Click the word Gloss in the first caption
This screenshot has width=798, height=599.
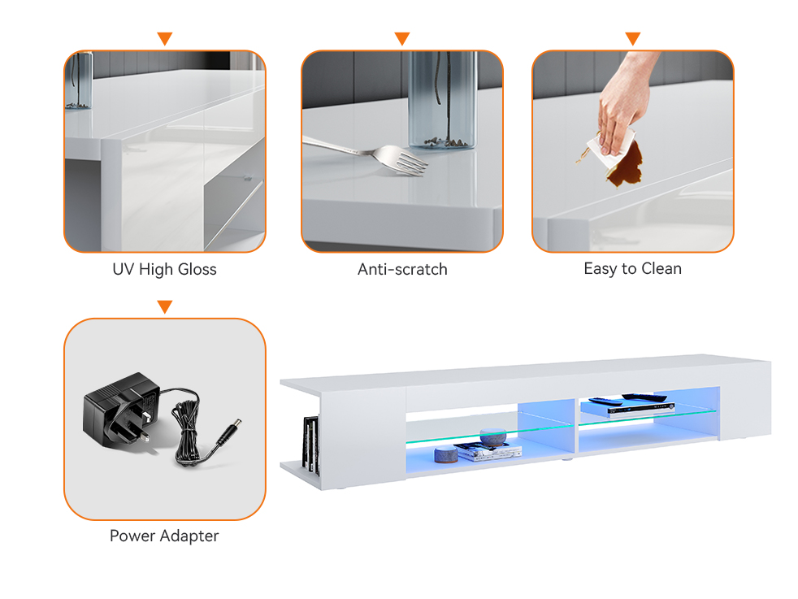click(x=197, y=269)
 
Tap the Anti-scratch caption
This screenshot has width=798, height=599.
click(x=402, y=269)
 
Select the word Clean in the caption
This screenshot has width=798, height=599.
click(x=661, y=268)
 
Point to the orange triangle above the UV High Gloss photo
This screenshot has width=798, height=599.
click(x=165, y=38)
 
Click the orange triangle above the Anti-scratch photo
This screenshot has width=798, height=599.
click(x=402, y=38)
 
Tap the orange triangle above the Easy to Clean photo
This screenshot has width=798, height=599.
click(x=632, y=38)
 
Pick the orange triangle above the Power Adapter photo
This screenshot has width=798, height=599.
click(x=165, y=306)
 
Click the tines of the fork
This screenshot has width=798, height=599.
click(x=410, y=162)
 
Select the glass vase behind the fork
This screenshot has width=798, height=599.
click(x=443, y=100)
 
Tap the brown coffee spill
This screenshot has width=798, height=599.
click(x=625, y=166)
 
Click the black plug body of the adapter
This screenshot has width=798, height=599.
click(x=119, y=407)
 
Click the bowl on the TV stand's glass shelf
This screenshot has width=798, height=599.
click(x=493, y=436)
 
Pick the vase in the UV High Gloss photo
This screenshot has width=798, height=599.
click(x=80, y=80)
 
